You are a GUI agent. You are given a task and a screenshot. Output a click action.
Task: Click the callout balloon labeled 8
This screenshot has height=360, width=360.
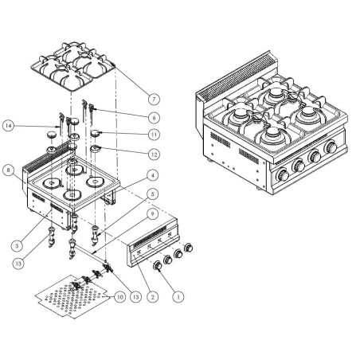click(8, 169)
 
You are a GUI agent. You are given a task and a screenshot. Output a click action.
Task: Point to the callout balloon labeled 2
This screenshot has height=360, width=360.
click(154, 295)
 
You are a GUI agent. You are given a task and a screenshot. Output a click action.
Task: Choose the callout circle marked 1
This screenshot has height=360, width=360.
click(179, 294)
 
